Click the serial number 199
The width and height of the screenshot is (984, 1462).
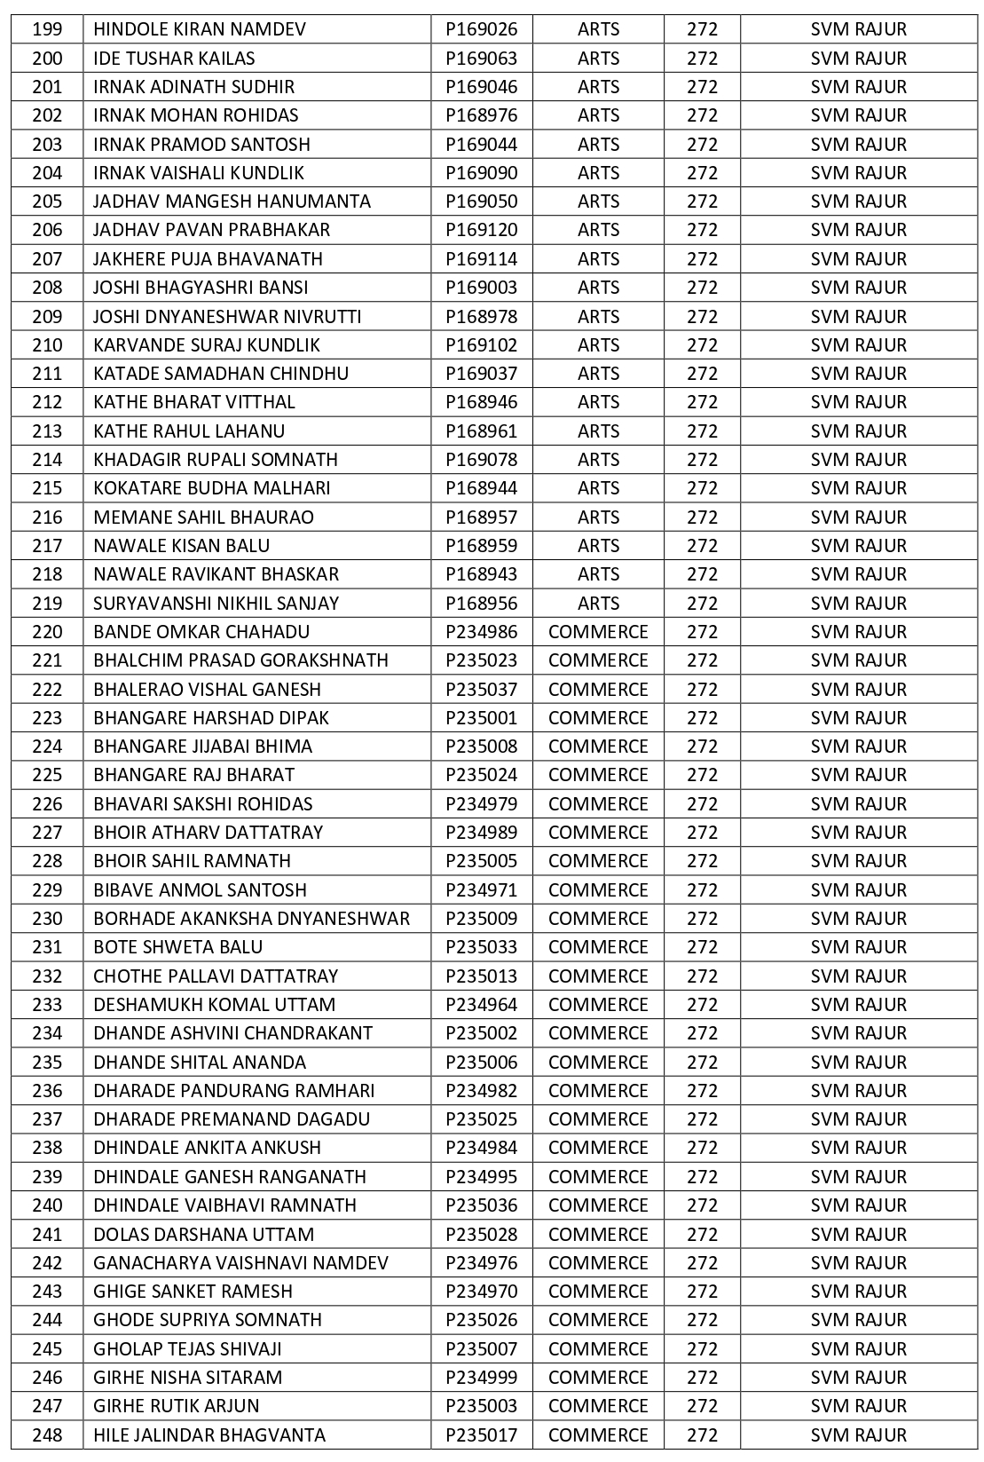click(47, 29)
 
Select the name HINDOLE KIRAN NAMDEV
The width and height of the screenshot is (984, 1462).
click(200, 29)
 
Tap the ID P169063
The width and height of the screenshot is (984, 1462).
click(481, 59)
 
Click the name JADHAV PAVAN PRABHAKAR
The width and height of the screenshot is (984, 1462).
click(211, 230)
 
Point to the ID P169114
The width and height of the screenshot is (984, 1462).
click(481, 259)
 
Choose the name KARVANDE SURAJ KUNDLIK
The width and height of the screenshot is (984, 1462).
click(207, 345)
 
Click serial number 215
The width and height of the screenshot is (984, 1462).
click(47, 488)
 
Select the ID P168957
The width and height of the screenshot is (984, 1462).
click(481, 518)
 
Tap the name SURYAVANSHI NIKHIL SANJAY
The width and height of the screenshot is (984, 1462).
click(216, 604)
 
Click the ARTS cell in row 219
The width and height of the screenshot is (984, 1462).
click(598, 604)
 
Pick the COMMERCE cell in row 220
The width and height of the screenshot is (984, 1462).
click(598, 632)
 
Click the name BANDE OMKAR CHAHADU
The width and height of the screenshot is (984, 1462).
click(201, 632)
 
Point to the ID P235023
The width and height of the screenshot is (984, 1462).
click(481, 660)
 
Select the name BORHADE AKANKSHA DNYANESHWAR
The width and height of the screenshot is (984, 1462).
click(252, 919)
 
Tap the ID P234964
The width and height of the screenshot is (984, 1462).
click(481, 1005)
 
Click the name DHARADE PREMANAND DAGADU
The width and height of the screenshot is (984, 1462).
click(232, 1119)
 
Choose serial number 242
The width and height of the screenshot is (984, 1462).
click(47, 1263)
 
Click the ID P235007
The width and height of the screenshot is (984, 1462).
click(481, 1349)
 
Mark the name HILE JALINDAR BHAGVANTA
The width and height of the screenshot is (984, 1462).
click(209, 1435)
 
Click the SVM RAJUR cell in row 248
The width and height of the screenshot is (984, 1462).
click(858, 1435)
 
